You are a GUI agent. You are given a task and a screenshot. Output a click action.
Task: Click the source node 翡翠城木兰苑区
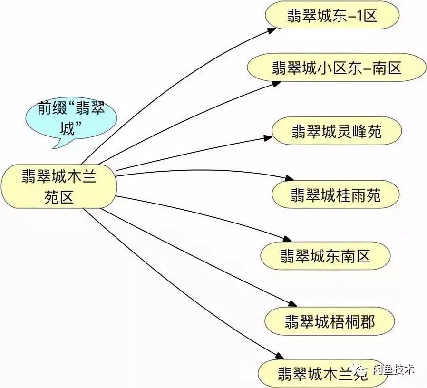coord(59,187)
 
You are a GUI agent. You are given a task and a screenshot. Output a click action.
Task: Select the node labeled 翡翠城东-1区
coord(332,15)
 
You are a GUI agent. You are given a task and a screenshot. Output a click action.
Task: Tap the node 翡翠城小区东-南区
coord(337,67)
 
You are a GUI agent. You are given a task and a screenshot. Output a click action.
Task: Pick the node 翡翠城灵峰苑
coord(337,131)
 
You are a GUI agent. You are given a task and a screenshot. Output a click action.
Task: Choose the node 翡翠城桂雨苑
coord(335,194)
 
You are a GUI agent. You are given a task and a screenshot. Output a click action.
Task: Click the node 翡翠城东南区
coord(325,256)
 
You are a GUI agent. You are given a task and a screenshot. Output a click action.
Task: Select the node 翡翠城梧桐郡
coord(330,321)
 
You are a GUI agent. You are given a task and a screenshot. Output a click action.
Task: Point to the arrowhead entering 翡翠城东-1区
coord(272,30)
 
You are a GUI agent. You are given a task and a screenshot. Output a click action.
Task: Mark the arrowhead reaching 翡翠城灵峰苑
coord(267,138)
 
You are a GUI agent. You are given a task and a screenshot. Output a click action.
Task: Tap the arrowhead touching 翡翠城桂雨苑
coord(290,179)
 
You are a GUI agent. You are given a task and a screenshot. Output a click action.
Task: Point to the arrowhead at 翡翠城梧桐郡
coord(292,304)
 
